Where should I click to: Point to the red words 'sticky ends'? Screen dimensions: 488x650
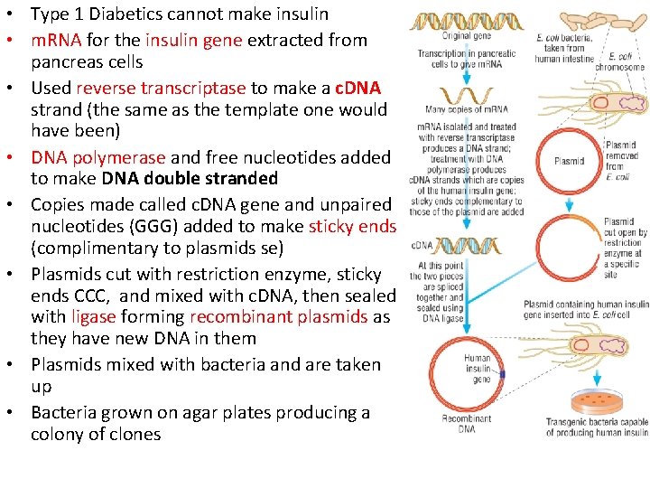[x=352, y=226]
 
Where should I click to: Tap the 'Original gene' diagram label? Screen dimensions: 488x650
[x=466, y=36]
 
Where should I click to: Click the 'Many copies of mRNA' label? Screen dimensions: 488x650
[x=466, y=109]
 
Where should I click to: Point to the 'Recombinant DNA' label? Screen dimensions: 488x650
[x=466, y=423]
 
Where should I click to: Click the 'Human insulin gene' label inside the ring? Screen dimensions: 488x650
[x=478, y=368]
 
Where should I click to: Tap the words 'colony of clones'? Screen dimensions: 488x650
[x=96, y=434]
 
